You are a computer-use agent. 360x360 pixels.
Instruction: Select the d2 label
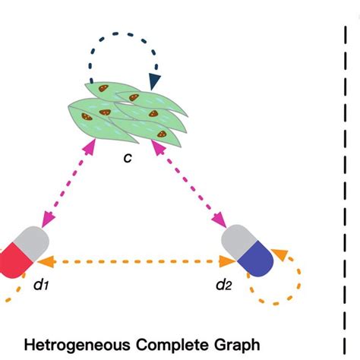pyautogui.click(x=222, y=287)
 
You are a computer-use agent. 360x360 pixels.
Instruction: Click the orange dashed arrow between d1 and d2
pyautogui.click(x=137, y=261)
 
